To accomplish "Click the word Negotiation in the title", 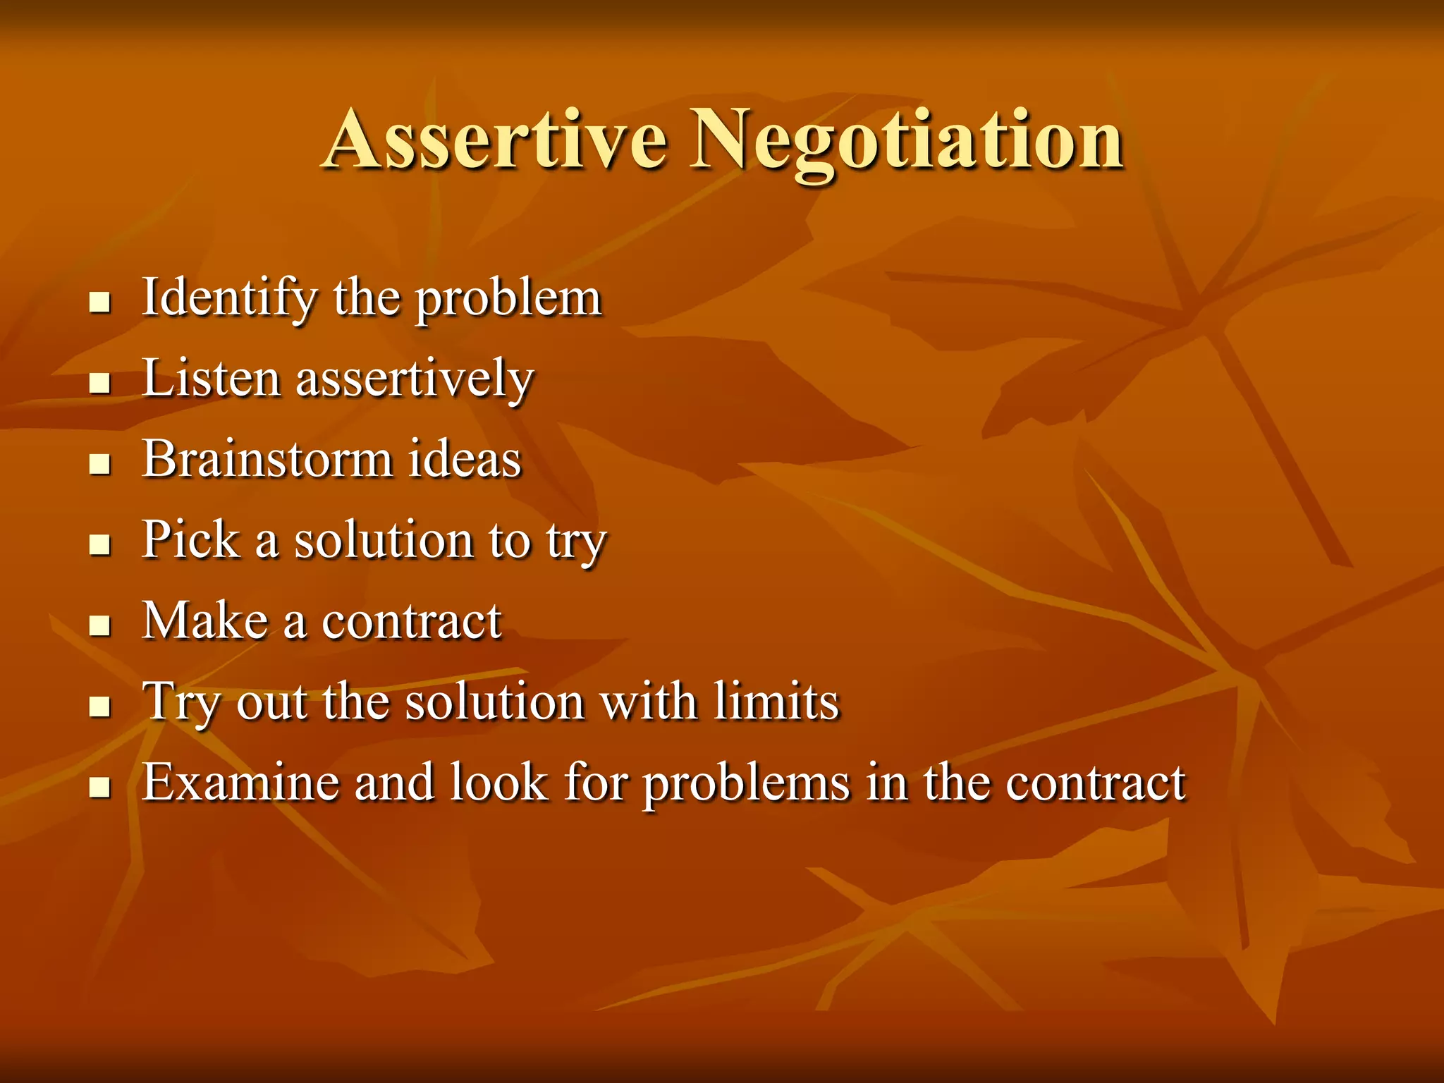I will pos(907,141).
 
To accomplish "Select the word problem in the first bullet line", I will pos(508,300).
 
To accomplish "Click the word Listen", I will pos(211,379).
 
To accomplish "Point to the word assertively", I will pos(415,380).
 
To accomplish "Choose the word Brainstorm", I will pos(267,460).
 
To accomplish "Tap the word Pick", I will pos(190,540).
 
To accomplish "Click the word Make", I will pos(205,621).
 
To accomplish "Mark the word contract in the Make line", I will pos(412,623).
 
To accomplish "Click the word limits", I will pos(776,702).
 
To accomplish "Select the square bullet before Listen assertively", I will pos(100,384).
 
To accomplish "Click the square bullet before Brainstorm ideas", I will pos(100,465).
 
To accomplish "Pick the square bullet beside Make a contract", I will pos(100,625).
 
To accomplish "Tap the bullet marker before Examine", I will pos(100,788).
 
